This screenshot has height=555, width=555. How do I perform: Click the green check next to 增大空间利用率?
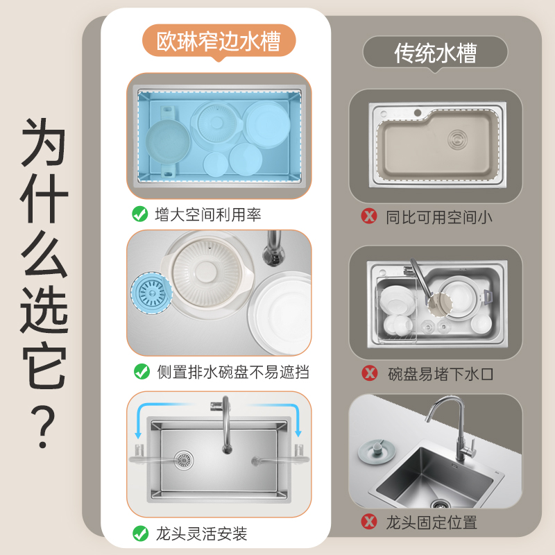(x=139, y=214)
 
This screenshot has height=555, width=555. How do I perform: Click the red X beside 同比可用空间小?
(x=369, y=216)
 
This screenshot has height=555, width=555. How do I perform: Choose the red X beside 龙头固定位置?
(x=369, y=522)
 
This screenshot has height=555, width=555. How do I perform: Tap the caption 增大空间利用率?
(x=208, y=215)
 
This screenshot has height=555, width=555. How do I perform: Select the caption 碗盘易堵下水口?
(x=441, y=374)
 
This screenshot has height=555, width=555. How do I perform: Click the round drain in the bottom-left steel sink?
(x=183, y=459)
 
